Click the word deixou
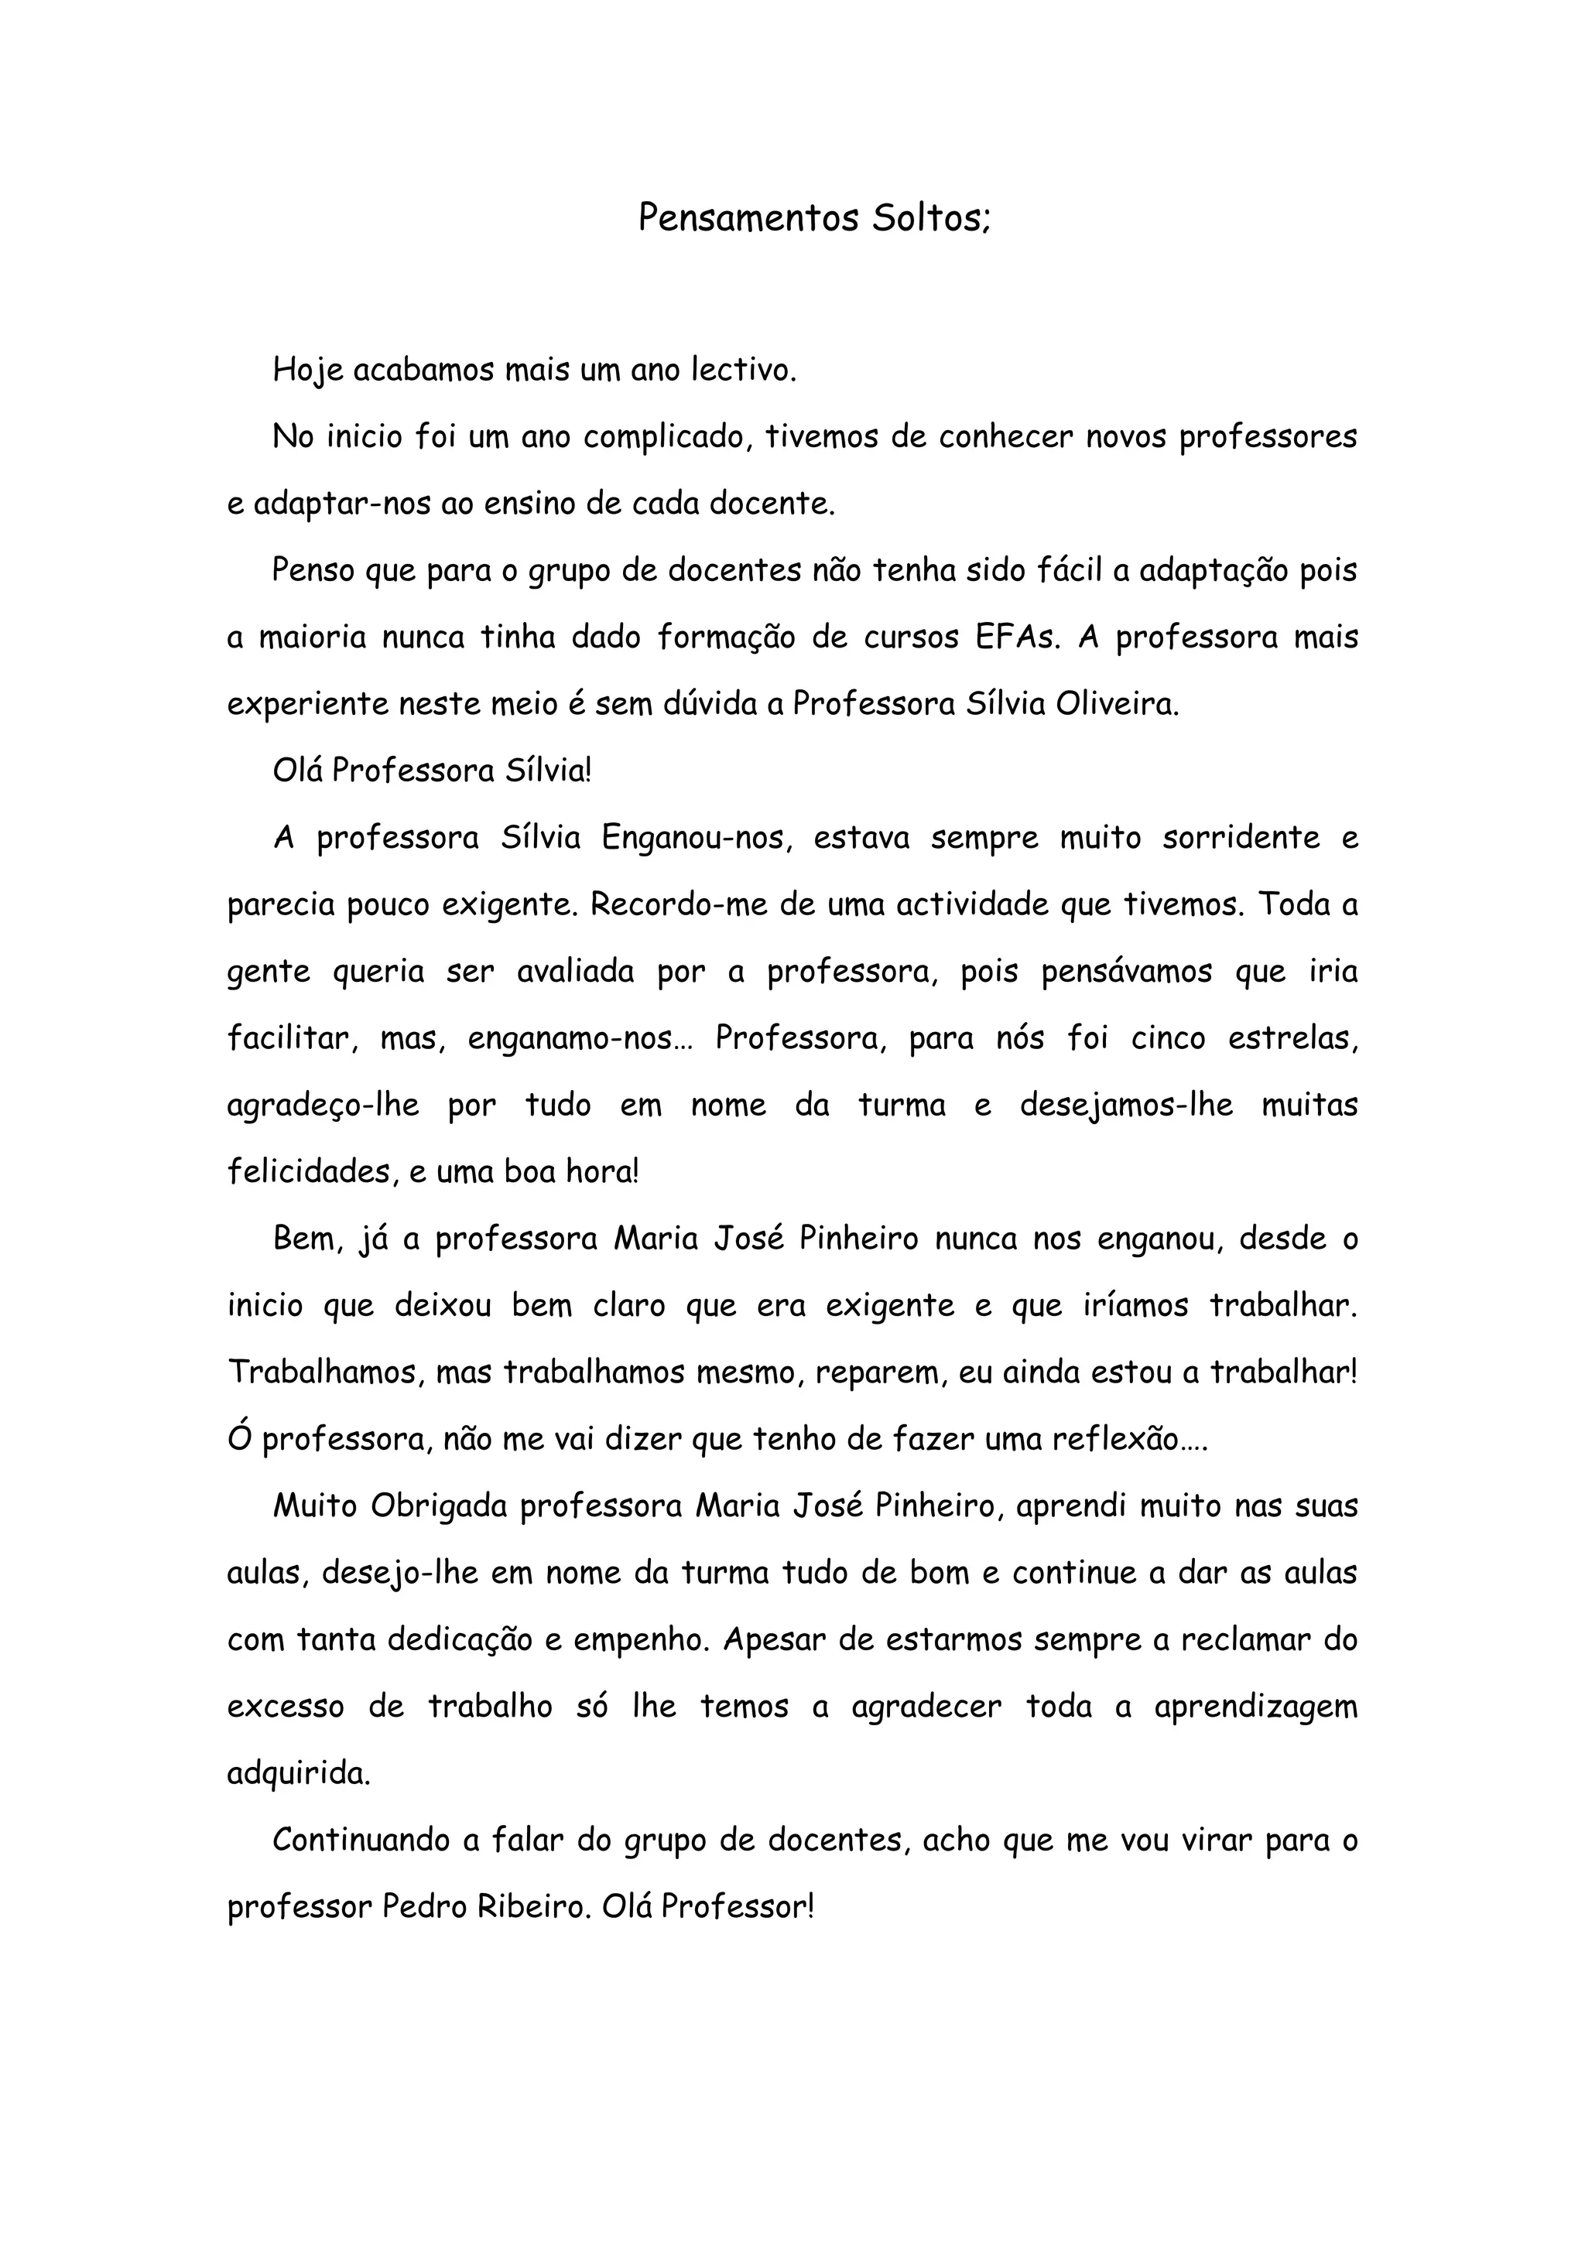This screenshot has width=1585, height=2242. (x=443, y=1306)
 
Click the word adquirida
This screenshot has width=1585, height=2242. (x=299, y=1773)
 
